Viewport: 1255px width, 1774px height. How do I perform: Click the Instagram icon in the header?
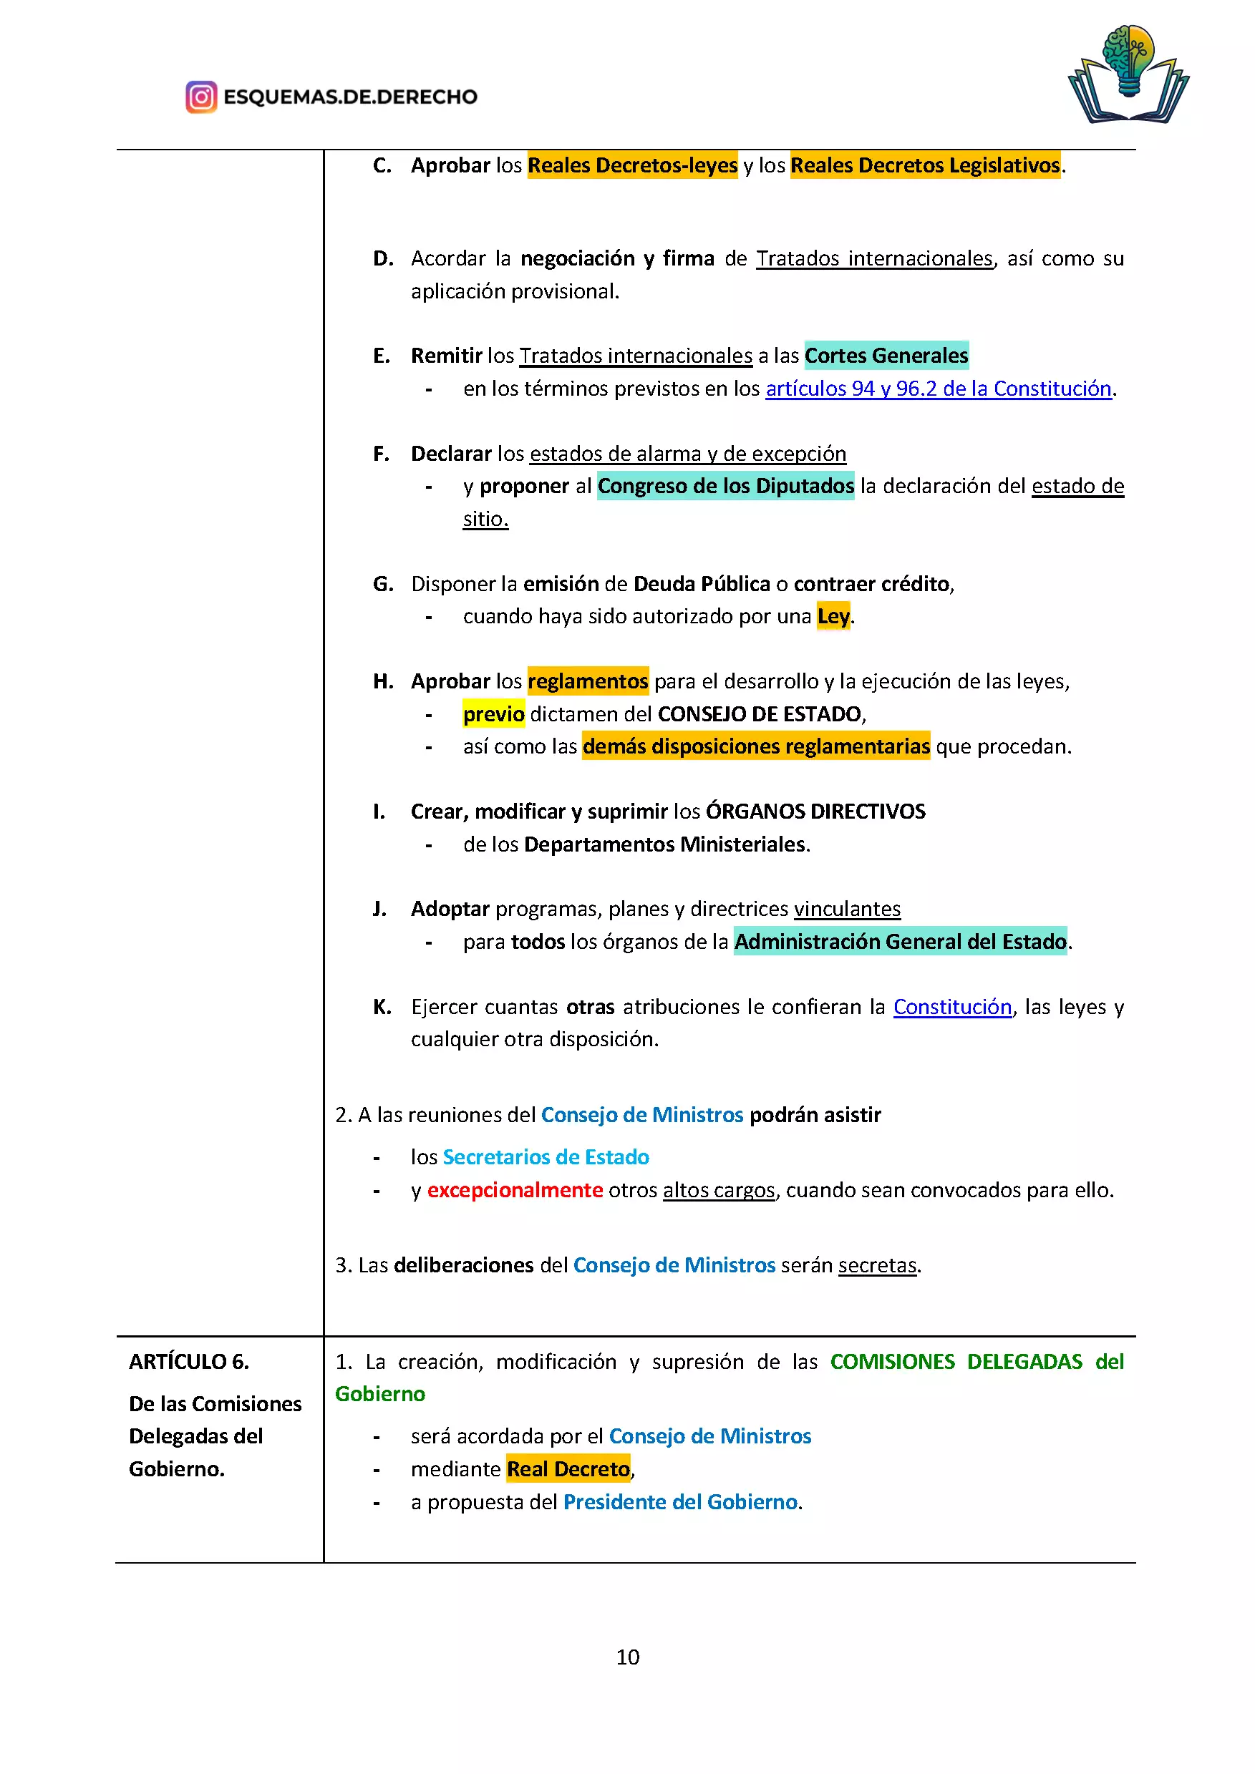click(x=201, y=97)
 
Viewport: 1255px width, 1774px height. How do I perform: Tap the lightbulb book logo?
click(x=1128, y=74)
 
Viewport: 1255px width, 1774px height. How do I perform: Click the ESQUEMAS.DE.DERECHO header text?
click(x=350, y=97)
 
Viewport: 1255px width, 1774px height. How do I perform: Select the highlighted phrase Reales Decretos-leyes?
click(x=632, y=165)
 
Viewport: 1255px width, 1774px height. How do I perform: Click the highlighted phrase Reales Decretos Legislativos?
click(x=925, y=165)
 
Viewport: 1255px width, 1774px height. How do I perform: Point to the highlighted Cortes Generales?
click(x=886, y=356)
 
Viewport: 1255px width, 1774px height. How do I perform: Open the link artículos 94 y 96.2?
click(x=938, y=389)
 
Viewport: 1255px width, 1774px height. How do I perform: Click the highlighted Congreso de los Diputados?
click(x=726, y=486)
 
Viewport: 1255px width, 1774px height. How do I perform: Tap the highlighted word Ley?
click(x=833, y=617)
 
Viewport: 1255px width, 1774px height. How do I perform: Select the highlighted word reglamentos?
click(x=587, y=681)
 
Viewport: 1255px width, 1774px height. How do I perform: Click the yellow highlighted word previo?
click(x=494, y=714)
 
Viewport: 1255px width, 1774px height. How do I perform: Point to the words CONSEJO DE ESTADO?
click(x=760, y=714)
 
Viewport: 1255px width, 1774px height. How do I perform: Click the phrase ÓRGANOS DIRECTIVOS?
click(x=815, y=812)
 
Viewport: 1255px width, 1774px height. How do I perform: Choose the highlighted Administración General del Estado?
click(x=901, y=942)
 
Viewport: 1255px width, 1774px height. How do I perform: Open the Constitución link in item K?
click(x=952, y=1007)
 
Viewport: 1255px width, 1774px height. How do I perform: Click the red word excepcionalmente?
click(x=515, y=1190)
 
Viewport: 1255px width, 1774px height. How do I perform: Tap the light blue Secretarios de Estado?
click(x=546, y=1156)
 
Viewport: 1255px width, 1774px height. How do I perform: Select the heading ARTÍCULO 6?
click(x=189, y=1361)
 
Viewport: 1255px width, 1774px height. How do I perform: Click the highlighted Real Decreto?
click(x=568, y=1469)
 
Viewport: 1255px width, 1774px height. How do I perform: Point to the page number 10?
click(x=627, y=1657)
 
